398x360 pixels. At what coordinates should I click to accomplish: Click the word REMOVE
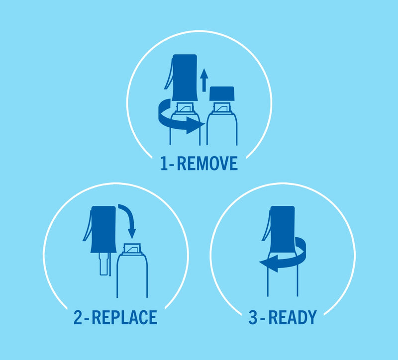(x=207, y=164)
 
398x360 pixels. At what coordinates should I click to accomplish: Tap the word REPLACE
(x=124, y=317)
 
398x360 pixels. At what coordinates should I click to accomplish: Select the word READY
(x=293, y=317)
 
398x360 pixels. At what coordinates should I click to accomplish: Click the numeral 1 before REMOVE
(x=164, y=164)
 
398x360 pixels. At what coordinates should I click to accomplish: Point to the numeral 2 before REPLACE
(x=78, y=317)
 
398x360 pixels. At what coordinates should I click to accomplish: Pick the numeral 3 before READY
(x=253, y=317)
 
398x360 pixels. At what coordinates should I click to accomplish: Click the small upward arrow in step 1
(x=204, y=80)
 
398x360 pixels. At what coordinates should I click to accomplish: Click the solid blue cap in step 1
(x=222, y=93)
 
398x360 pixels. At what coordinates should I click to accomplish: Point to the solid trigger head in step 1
(x=185, y=78)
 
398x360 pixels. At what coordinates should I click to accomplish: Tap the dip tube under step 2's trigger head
(x=105, y=264)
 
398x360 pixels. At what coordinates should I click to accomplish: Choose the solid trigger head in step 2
(x=103, y=229)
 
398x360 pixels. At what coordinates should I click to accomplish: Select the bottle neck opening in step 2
(x=132, y=248)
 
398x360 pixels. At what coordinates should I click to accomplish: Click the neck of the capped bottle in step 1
(x=222, y=107)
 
